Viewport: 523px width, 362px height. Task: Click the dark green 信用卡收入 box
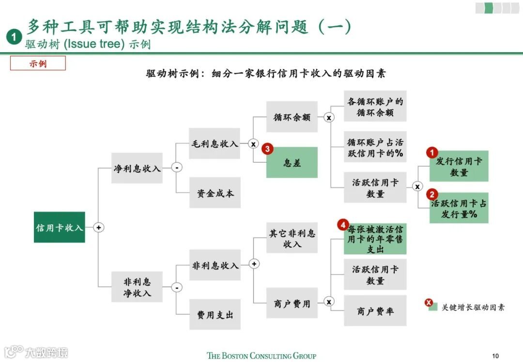tap(60, 227)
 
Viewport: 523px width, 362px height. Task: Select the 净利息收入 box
tap(137, 168)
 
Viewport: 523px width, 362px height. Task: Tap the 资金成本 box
tap(215, 193)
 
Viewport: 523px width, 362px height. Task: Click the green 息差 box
tap(292, 163)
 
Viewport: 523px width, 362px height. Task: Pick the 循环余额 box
tap(292, 117)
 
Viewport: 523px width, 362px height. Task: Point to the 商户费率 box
tap(375, 311)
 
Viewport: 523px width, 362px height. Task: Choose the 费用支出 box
tap(215, 315)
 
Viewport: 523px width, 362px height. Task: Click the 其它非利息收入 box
tap(292, 238)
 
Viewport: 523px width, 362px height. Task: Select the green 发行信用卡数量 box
tap(459, 166)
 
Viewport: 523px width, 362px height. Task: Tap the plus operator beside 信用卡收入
tap(99, 227)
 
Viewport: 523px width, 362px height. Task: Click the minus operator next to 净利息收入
tap(177, 168)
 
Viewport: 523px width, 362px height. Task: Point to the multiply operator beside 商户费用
tap(329, 302)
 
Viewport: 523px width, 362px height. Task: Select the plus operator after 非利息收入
tap(255, 264)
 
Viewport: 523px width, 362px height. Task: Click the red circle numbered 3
tap(267, 149)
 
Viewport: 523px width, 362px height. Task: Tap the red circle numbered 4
tap(343, 225)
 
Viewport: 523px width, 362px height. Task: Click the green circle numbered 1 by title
tap(15, 37)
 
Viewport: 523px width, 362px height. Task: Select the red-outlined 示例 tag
tap(38, 63)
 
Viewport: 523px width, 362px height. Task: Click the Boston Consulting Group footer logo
tap(261, 356)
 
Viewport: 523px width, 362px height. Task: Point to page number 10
tap(495, 356)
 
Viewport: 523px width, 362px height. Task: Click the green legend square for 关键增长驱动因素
tap(433, 307)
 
